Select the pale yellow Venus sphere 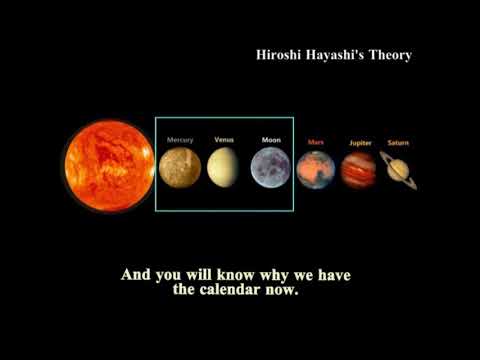click(x=224, y=167)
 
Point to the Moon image click(x=271, y=167)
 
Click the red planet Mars click(x=316, y=170)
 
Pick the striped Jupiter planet click(x=359, y=170)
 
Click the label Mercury click(x=180, y=140)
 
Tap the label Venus click(x=225, y=140)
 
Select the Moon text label click(x=271, y=140)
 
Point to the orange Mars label click(x=316, y=143)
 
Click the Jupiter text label click(x=360, y=143)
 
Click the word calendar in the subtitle click(x=235, y=293)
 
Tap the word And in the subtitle click(x=136, y=275)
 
